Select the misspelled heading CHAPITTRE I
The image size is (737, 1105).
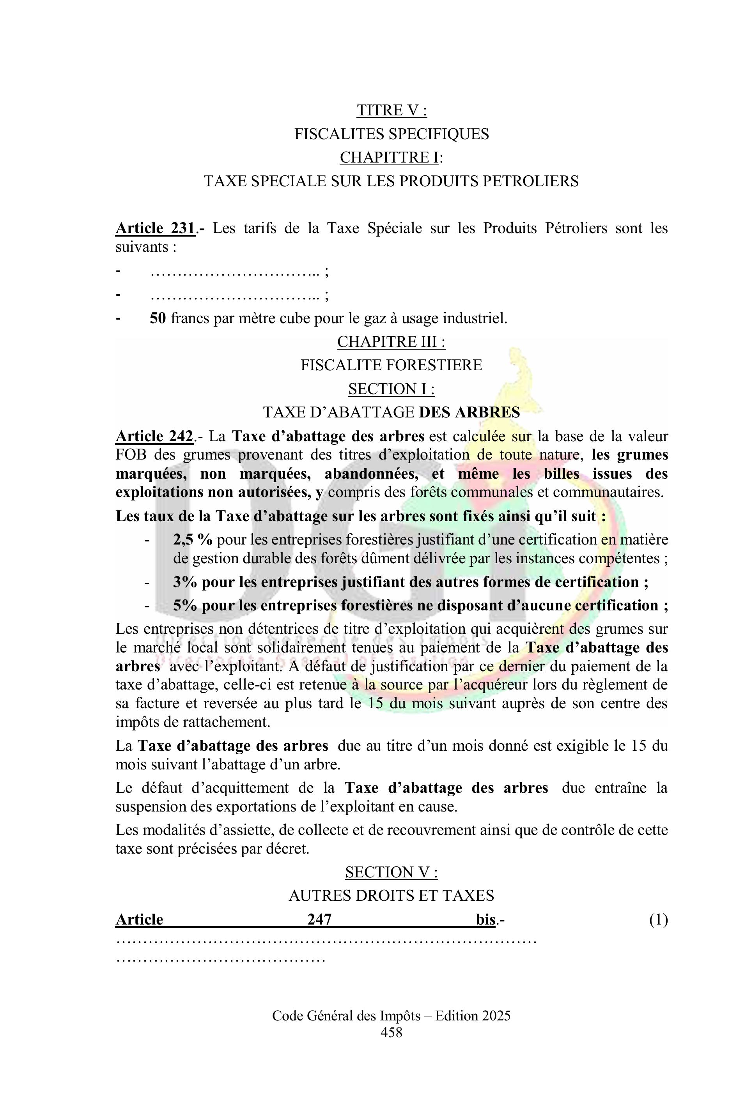[x=389, y=157]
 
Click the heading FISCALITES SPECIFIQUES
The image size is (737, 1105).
[x=391, y=134]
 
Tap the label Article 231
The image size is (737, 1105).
[x=155, y=228]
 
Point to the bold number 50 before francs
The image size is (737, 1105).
[x=158, y=318]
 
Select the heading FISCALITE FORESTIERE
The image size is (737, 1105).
[x=391, y=365]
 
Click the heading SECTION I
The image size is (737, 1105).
[x=391, y=389]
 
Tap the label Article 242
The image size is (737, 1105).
[x=154, y=437]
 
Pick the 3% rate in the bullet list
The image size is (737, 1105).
[x=185, y=582]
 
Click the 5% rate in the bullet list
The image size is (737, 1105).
[x=185, y=606]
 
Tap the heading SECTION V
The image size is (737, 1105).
[x=391, y=872]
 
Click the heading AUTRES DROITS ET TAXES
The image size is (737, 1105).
[x=391, y=896]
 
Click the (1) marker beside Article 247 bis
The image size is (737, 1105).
[x=658, y=919]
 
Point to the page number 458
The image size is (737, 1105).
[x=391, y=1032]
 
